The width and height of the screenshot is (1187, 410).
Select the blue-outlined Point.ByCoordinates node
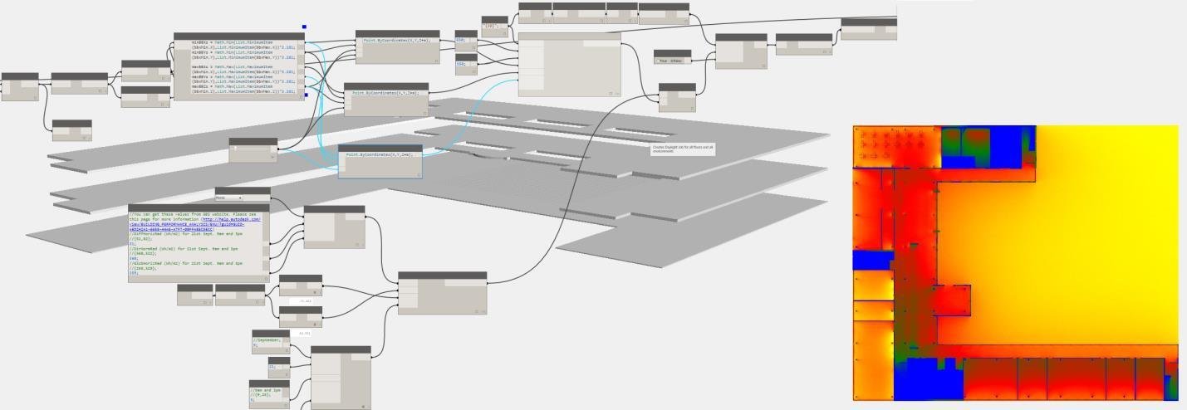click(x=380, y=162)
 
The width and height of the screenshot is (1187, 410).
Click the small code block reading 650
click(x=465, y=39)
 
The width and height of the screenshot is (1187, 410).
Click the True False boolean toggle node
click(x=672, y=60)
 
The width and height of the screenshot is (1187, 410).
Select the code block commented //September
click(x=270, y=341)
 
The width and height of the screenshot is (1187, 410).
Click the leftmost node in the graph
click(x=20, y=87)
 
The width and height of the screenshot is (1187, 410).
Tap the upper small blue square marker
click(x=305, y=27)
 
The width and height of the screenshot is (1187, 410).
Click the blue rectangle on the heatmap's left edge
click(x=871, y=260)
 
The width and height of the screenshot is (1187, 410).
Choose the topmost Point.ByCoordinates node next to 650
click(x=397, y=46)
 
